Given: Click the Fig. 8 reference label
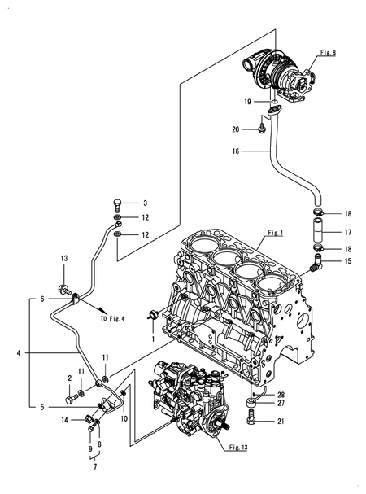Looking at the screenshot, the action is click(328, 52).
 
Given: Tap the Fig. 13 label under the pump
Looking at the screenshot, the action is click(238, 447).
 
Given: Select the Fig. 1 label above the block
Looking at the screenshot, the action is click(276, 233).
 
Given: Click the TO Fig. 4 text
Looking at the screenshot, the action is click(112, 318).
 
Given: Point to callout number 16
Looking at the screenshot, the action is click(236, 151).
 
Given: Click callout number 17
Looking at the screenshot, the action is click(348, 233).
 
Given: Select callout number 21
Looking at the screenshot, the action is click(281, 421).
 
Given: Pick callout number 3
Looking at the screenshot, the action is click(146, 203).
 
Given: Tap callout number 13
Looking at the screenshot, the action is click(64, 258).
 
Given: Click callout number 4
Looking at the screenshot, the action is click(19, 353).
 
